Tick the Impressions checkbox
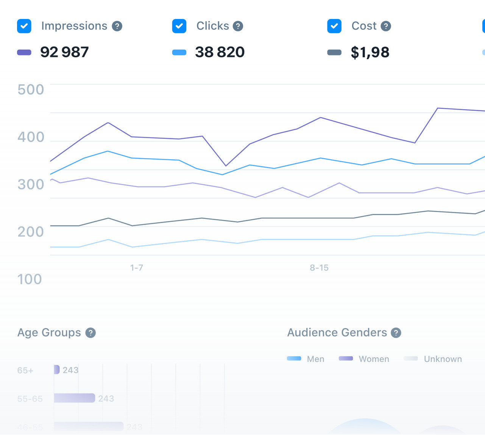tap(24, 26)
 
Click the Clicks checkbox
tap(179, 26)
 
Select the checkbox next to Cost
tap(334, 26)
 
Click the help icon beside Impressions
tap(117, 26)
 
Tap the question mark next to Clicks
tap(238, 26)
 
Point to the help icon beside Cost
tap(386, 26)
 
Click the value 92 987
tap(64, 52)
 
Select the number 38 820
tap(220, 52)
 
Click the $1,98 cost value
tap(370, 52)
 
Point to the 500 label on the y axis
tap(31, 90)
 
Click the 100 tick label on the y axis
tap(30, 280)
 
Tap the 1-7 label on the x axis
tap(137, 268)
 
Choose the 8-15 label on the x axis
tap(319, 268)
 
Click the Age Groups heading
tap(49, 333)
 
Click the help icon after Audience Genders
tap(396, 333)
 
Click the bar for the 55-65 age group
tap(75, 398)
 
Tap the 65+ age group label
tap(25, 371)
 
